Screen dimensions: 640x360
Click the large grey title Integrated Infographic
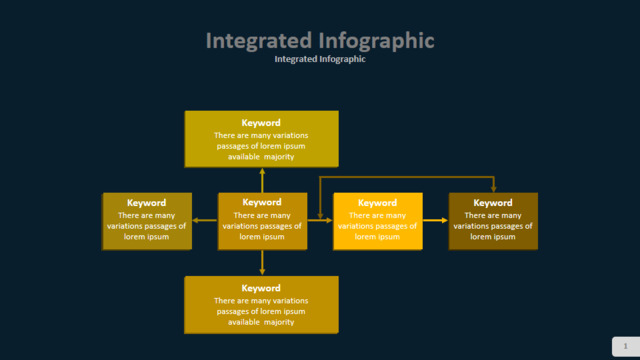coord(320,41)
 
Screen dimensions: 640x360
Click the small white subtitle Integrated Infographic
coord(320,59)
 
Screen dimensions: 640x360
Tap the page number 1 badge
coord(626,346)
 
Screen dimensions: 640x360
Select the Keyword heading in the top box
coord(261,123)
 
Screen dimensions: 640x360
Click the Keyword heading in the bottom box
coord(261,288)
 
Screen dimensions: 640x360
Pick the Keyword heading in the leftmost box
coord(147,203)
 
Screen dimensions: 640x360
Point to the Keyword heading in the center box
coord(262,202)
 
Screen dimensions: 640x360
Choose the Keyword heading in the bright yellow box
coord(378,203)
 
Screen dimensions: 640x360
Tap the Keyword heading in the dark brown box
coord(493,203)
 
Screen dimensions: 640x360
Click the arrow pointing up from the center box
coord(262,180)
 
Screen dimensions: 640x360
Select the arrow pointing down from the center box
coord(262,262)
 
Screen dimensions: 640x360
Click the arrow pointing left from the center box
coord(205,220)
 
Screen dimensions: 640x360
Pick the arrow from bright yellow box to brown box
coord(436,220)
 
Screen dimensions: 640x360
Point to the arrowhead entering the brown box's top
coord(494,189)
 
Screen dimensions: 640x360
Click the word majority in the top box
coord(279,157)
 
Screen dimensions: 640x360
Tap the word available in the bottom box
coord(244,322)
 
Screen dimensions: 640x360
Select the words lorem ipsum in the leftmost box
coord(147,237)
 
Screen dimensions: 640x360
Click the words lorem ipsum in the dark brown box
coord(493,237)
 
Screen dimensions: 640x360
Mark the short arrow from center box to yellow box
coord(320,220)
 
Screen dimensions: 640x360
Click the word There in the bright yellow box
coord(360,216)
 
